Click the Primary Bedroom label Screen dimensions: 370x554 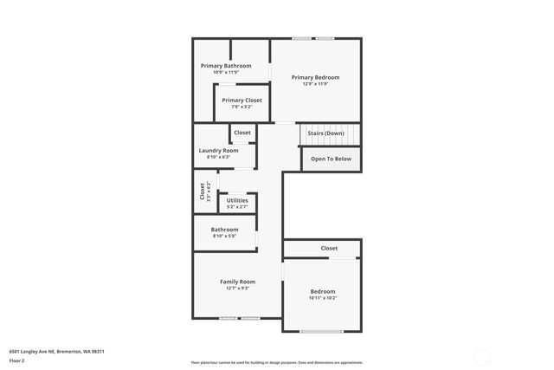click(x=315, y=77)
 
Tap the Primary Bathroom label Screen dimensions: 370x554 click(x=226, y=66)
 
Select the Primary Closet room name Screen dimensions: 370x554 click(x=242, y=101)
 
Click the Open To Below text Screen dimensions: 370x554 click(x=331, y=159)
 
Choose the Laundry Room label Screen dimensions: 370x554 click(x=218, y=150)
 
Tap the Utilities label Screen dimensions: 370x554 click(x=237, y=200)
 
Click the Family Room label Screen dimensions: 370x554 click(x=237, y=282)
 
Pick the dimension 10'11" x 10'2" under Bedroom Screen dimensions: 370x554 click(x=323, y=298)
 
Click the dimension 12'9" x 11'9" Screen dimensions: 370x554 click(x=315, y=84)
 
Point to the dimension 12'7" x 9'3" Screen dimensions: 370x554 click(x=237, y=289)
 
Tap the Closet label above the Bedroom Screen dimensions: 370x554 click(x=329, y=248)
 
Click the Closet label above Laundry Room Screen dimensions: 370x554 click(x=242, y=133)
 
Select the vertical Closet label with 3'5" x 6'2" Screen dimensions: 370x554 click(x=204, y=191)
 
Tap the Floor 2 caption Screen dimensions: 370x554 click(x=17, y=360)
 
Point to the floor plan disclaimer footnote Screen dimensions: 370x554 click(x=277, y=362)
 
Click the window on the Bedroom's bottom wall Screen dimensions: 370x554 click(x=322, y=331)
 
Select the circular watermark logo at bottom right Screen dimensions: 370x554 click(x=481, y=355)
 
